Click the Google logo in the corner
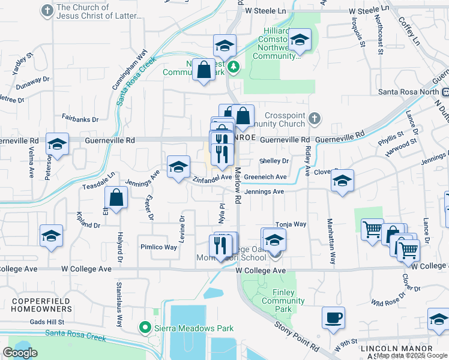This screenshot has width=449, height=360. pyautogui.click(x=20, y=353)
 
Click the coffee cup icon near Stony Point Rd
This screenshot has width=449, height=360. pyautogui.click(x=333, y=317)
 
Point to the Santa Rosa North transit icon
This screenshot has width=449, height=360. pyautogui.click(x=445, y=92)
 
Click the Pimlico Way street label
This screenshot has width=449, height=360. pyautogui.click(x=158, y=247)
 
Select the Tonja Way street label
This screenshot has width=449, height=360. pyautogui.click(x=291, y=224)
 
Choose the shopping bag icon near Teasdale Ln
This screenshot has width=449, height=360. pyautogui.click(x=116, y=197)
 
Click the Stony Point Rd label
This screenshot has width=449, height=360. pyautogui.click(x=297, y=336)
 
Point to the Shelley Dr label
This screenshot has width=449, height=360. pyautogui.click(x=274, y=161)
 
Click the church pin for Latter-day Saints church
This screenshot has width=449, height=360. pyautogui.click(x=47, y=11)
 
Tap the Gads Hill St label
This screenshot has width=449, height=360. pyautogui.click(x=47, y=322)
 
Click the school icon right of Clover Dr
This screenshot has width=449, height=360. pyautogui.click(x=342, y=181)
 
